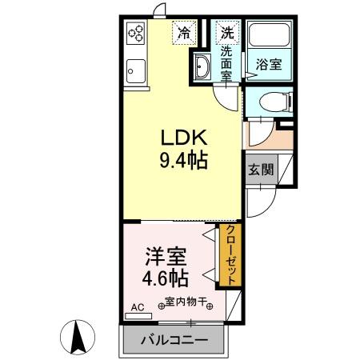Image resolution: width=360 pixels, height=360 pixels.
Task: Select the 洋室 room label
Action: [x=166, y=258]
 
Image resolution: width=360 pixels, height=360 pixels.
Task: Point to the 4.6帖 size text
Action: [x=166, y=280]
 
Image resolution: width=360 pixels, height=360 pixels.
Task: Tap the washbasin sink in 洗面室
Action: [x=202, y=67]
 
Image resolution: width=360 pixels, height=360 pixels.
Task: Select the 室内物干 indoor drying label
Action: [x=186, y=303]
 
